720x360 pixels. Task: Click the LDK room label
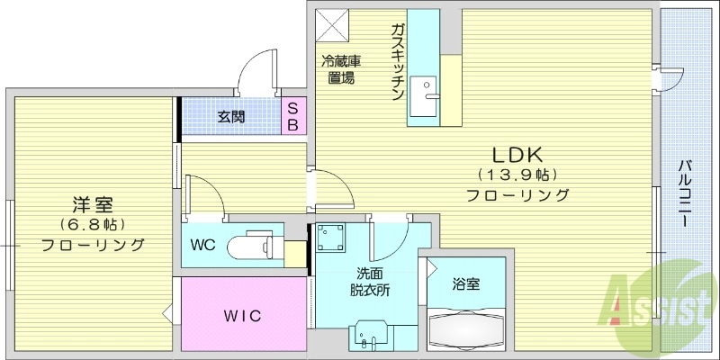517,153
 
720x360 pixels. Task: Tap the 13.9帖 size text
517,175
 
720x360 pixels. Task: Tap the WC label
203,244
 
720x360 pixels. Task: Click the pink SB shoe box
293,115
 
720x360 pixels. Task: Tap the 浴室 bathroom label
465,284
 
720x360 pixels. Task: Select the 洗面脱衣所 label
368,283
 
